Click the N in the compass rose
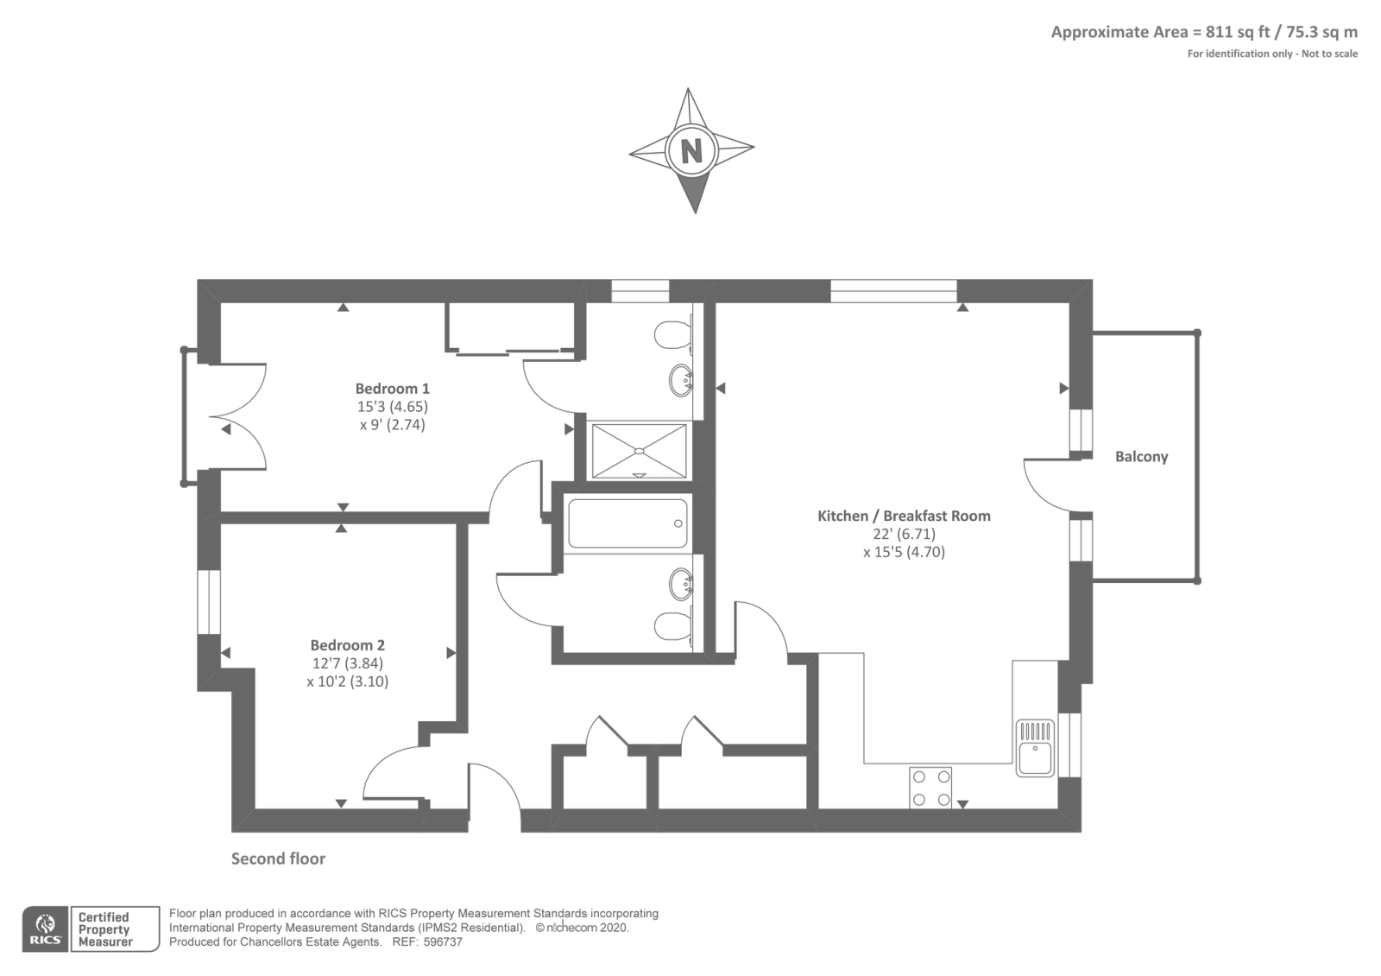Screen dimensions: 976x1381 tap(691, 151)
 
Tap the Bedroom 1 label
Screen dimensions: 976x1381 tap(392, 389)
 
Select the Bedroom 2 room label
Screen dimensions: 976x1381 tap(347, 645)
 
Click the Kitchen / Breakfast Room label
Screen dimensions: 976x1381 tap(904, 516)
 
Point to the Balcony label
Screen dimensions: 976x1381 tap(1141, 457)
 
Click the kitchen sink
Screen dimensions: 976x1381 tap(1035, 748)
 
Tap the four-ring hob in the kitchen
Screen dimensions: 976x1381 tap(930, 788)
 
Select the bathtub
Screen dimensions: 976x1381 tap(627, 523)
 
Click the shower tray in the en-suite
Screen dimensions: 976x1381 tap(639, 450)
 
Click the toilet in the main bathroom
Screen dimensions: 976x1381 tap(672, 626)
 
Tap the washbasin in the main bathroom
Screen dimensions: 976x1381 tap(681, 584)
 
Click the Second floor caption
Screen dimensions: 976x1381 tap(278, 859)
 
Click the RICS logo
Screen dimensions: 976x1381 tap(45, 929)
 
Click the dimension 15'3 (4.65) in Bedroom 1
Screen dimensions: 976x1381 tap(392, 407)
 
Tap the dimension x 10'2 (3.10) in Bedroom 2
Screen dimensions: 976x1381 tap(347, 681)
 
